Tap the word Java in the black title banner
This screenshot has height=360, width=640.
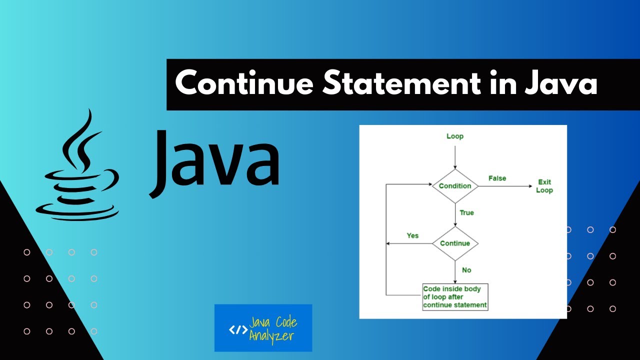click(560, 84)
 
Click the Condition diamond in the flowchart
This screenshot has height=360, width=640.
click(455, 186)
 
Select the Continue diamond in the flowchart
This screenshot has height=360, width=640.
click(455, 243)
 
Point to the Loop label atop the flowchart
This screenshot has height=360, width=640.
click(455, 136)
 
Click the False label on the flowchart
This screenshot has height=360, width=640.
click(497, 178)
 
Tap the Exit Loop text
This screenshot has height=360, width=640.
click(544, 186)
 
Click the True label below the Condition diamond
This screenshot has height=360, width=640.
click(466, 212)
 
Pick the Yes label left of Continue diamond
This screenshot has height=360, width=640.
click(412, 235)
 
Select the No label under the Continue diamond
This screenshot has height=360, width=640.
click(466, 270)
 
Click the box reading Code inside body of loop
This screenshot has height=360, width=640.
click(455, 297)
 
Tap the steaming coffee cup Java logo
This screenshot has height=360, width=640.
click(80, 170)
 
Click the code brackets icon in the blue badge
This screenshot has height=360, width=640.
click(237, 329)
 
